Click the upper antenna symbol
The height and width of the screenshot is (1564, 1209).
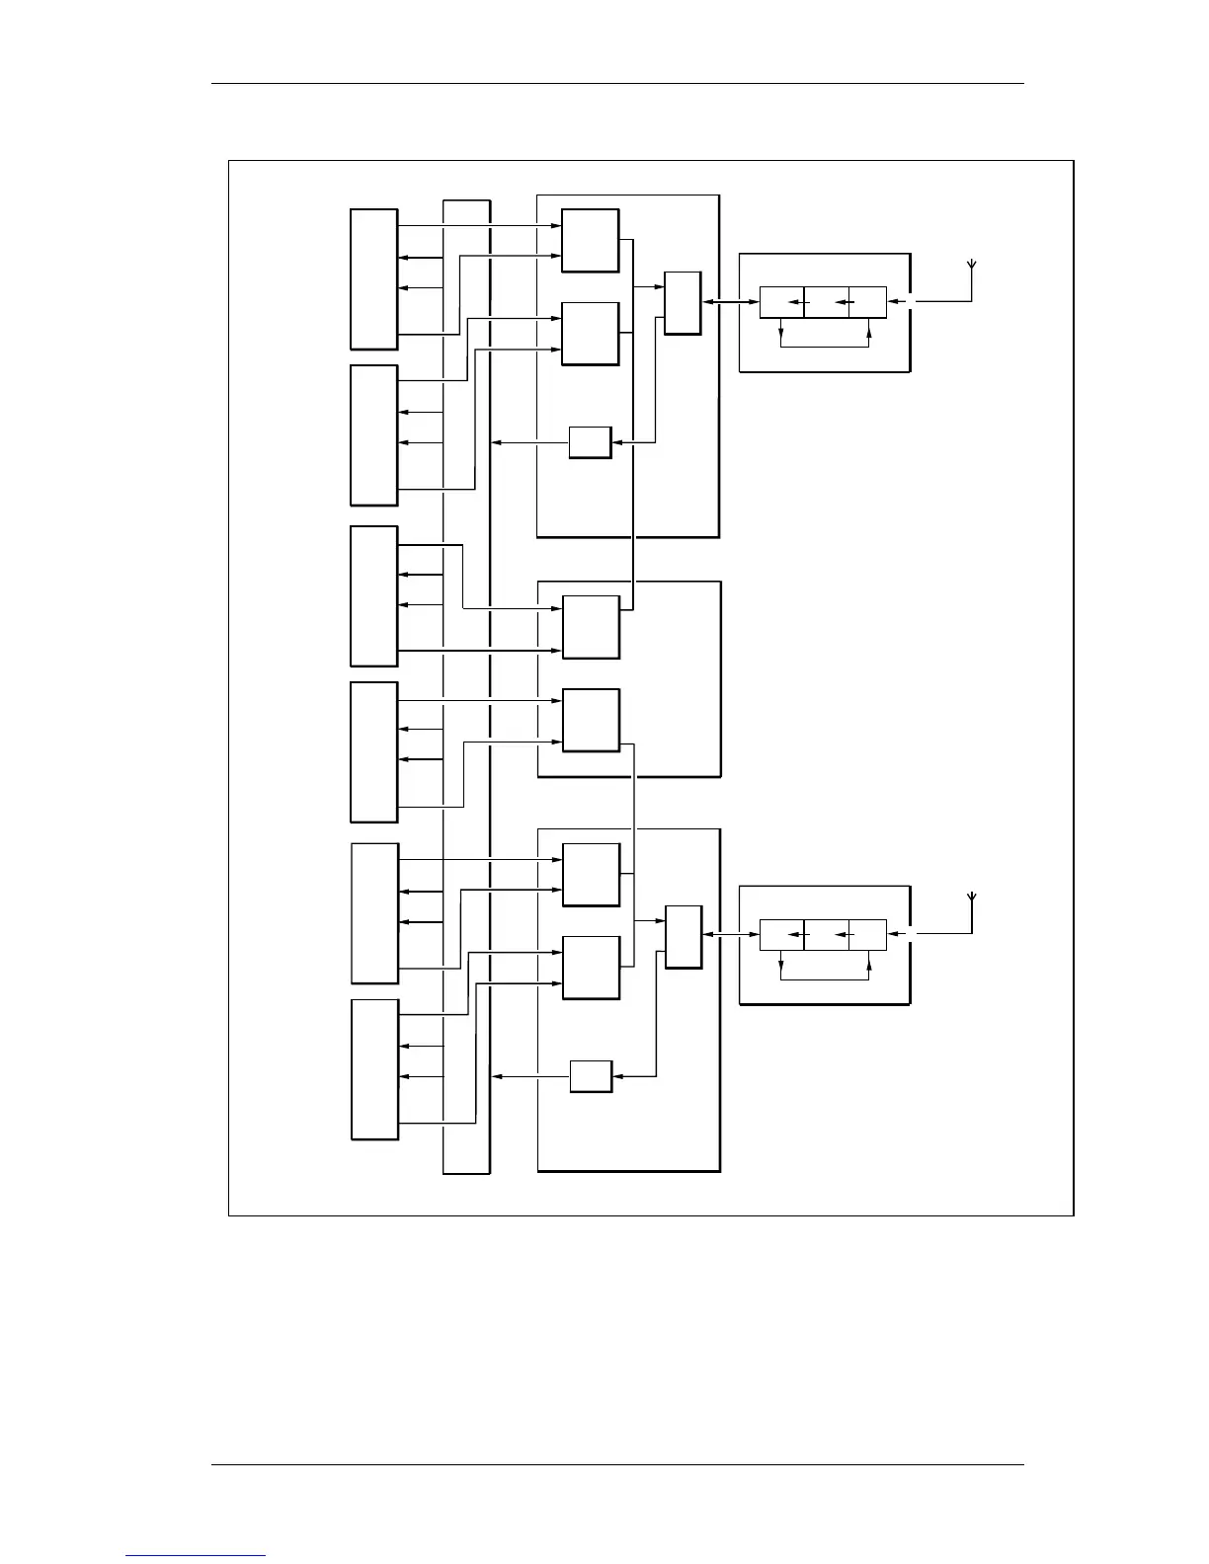click(972, 266)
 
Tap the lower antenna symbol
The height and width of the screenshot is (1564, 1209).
click(972, 899)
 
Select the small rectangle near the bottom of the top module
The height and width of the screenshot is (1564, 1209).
click(591, 442)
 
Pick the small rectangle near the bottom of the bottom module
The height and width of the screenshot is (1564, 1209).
click(591, 1076)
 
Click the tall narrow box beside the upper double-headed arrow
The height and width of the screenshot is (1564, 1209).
click(683, 303)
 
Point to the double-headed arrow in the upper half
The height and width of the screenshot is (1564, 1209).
click(730, 303)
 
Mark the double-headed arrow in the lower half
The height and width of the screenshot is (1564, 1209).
click(730, 936)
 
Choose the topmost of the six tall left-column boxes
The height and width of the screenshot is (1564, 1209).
click(374, 279)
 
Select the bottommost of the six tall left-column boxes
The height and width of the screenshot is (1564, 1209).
click(374, 1069)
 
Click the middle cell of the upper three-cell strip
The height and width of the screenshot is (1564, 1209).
click(827, 303)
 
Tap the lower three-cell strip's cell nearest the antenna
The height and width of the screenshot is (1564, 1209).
click(867, 935)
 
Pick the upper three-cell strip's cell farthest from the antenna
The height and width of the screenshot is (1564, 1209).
click(781, 303)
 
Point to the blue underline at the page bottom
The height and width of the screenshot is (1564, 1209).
click(196, 1555)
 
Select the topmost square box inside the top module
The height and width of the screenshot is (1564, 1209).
click(591, 240)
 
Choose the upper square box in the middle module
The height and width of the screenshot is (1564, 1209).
click(591, 627)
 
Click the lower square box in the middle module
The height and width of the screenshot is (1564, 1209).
click(591, 720)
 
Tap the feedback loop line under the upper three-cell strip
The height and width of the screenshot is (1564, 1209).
click(824, 347)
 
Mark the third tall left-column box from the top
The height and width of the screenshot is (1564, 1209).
click(374, 596)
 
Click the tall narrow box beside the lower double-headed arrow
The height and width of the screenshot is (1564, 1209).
click(684, 936)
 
